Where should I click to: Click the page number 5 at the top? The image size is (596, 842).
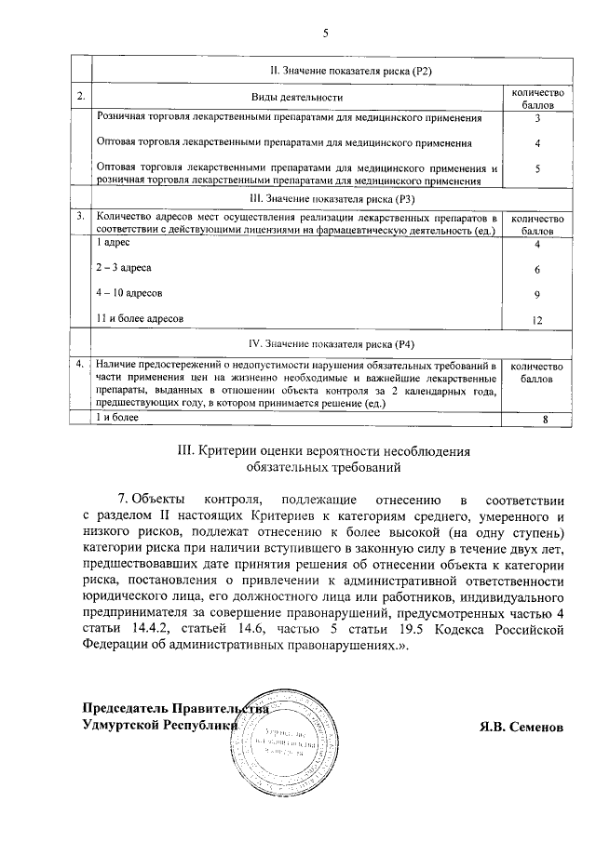click(x=326, y=34)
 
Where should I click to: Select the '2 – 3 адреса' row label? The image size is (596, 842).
click(x=124, y=268)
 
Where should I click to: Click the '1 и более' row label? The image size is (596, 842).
click(x=117, y=417)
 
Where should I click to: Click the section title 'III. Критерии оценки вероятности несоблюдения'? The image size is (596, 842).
click(x=324, y=451)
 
